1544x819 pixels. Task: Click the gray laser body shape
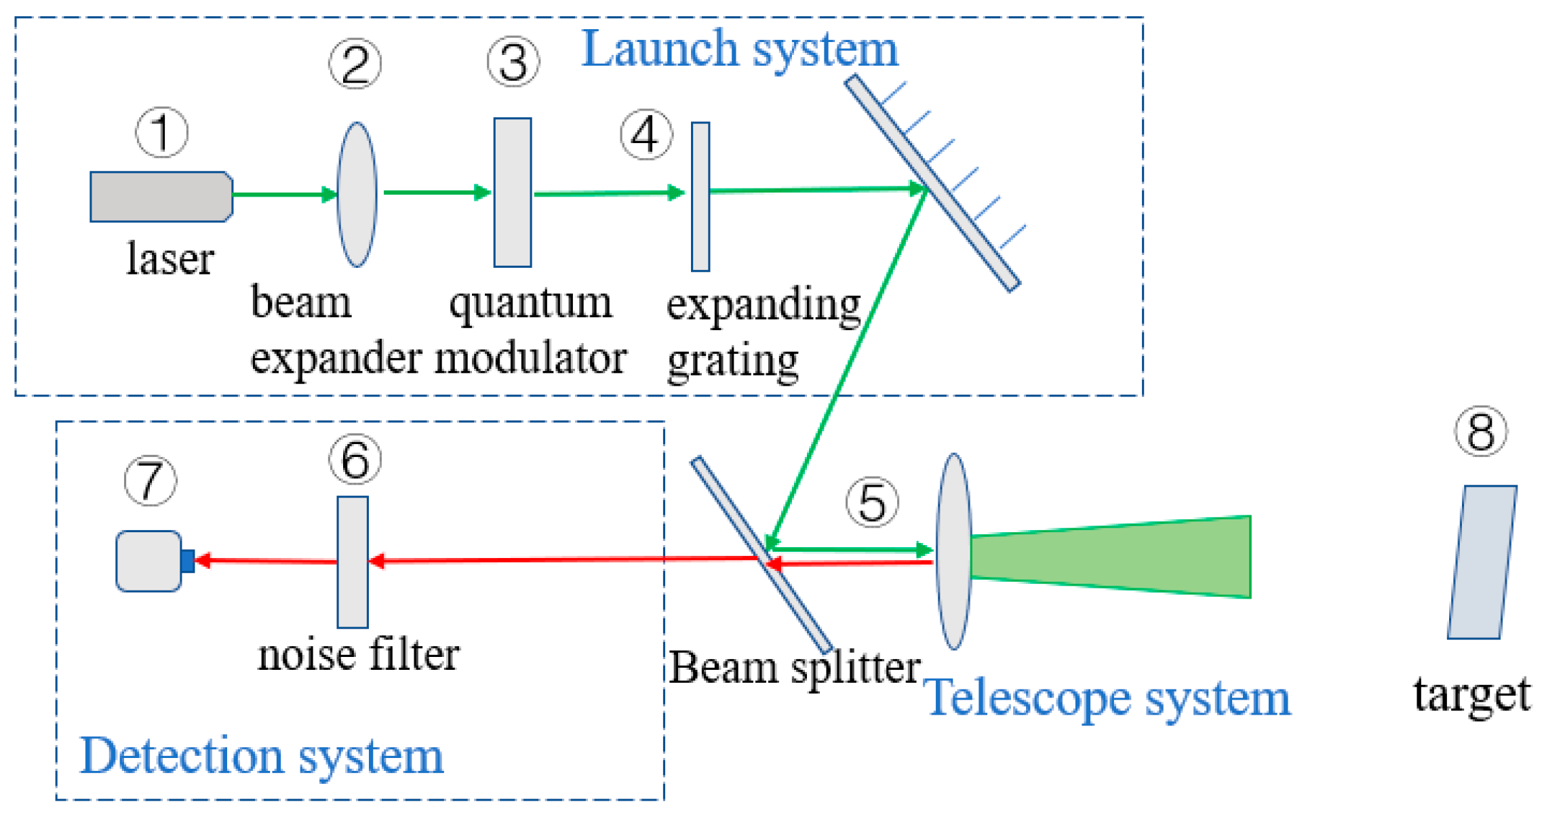pyautogui.click(x=160, y=197)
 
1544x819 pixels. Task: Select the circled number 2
pyautogui.click(x=355, y=64)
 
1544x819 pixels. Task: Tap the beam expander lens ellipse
pyautogui.click(x=357, y=195)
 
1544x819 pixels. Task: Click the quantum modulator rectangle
pyautogui.click(x=512, y=193)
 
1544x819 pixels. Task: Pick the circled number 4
pyautogui.click(x=646, y=134)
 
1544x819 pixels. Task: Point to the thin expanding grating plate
pyautogui.click(x=700, y=197)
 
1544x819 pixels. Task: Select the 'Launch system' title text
pyautogui.click(x=739, y=49)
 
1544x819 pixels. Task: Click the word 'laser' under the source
pyautogui.click(x=170, y=259)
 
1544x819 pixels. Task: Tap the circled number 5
pyautogui.click(x=871, y=502)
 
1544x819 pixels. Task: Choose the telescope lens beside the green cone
pyautogui.click(x=953, y=551)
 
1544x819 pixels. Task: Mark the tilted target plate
pyautogui.click(x=1482, y=561)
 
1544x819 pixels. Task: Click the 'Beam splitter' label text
pyautogui.click(x=794, y=668)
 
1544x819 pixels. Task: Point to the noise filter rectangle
pyautogui.click(x=353, y=561)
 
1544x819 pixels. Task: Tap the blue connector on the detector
pyautogui.click(x=188, y=561)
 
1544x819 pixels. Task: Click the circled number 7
pyautogui.click(x=151, y=480)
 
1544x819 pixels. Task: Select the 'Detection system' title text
pyautogui.click(x=262, y=756)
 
